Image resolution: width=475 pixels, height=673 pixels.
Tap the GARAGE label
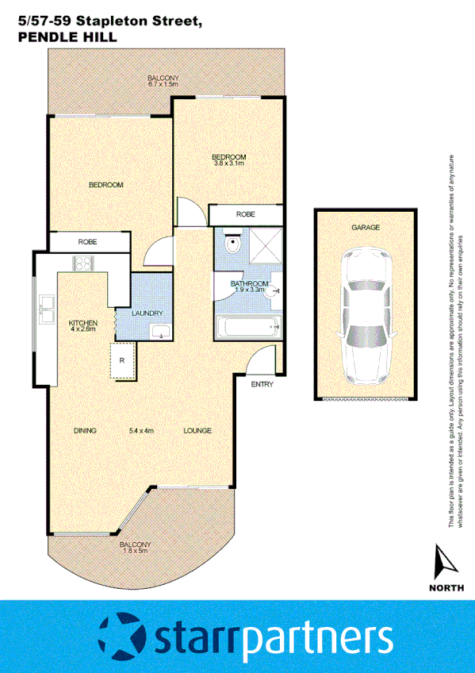click(366, 227)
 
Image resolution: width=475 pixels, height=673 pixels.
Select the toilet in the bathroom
click(231, 244)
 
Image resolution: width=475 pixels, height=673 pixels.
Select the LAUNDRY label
click(148, 313)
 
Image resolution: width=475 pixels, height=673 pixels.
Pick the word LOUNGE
click(197, 431)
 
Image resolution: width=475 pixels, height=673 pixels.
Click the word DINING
click(85, 431)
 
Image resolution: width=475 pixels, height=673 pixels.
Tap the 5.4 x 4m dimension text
click(140, 431)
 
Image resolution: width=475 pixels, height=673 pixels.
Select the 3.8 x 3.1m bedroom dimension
click(228, 164)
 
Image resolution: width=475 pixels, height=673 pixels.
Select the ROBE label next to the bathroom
click(245, 215)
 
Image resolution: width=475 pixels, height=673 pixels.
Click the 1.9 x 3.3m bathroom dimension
click(249, 290)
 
